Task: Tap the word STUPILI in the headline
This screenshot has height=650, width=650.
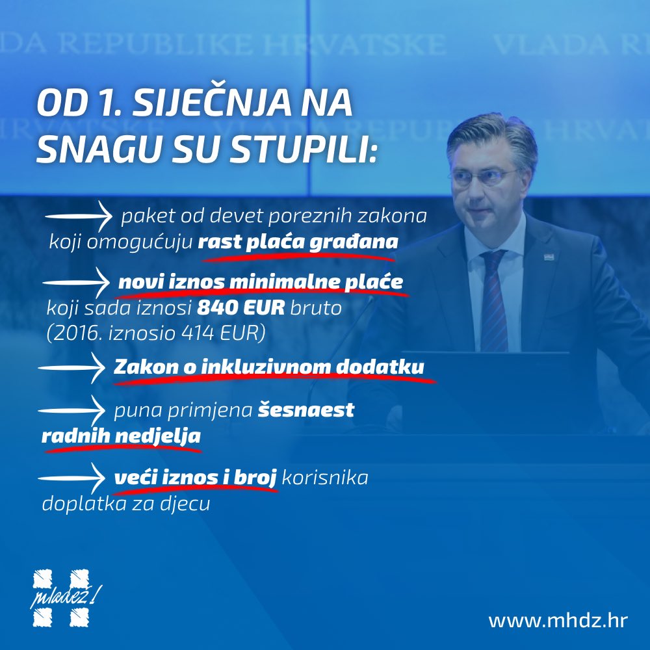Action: click(x=304, y=148)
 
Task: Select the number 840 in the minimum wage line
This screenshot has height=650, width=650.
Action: click(x=212, y=307)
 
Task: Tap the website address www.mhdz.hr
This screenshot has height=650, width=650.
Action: click(x=558, y=621)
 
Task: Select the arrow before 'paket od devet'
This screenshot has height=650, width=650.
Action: click(x=79, y=216)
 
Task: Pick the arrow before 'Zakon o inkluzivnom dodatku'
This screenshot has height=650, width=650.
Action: click(x=71, y=368)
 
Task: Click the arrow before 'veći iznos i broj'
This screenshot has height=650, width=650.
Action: click(x=71, y=478)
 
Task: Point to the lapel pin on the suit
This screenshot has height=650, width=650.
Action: click(x=549, y=257)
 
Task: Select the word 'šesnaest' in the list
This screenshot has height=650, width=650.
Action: click(x=306, y=410)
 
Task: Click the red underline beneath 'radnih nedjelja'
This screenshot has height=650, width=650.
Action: click(x=122, y=448)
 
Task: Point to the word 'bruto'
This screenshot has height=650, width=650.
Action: click(x=316, y=308)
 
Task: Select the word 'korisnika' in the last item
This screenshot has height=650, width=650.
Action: click(x=325, y=478)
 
